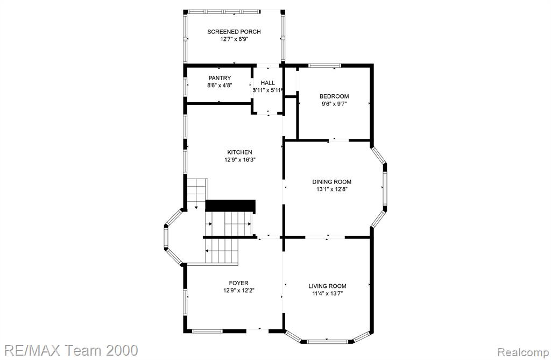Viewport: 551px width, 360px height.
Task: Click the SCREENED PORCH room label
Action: tap(234, 32)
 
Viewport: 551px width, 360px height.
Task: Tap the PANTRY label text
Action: tap(220, 77)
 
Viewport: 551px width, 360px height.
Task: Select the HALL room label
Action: tap(268, 83)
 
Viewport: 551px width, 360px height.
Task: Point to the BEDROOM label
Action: tap(334, 96)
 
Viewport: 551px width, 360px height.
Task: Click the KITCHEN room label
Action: tap(239, 152)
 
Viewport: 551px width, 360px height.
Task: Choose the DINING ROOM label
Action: tap(331, 182)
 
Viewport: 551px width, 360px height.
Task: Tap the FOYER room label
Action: tap(238, 283)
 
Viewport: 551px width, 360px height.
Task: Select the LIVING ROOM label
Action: tap(327, 286)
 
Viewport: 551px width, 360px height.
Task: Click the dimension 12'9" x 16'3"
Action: tap(239, 160)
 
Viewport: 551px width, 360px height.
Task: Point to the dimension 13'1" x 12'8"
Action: tap(331, 189)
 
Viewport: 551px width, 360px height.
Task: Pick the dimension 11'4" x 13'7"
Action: tap(327, 294)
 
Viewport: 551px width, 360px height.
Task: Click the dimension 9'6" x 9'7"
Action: tap(334, 104)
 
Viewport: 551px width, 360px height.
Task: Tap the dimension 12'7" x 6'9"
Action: tap(234, 39)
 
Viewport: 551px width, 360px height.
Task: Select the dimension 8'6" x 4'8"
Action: tap(220, 85)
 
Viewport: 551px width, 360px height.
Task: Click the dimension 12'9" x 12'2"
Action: tap(238, 291)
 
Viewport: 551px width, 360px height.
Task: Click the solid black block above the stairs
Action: tap(230, 206)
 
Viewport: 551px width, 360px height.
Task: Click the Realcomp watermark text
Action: tap(523, 352)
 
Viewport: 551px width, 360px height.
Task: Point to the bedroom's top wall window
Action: tap(324, 65)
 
